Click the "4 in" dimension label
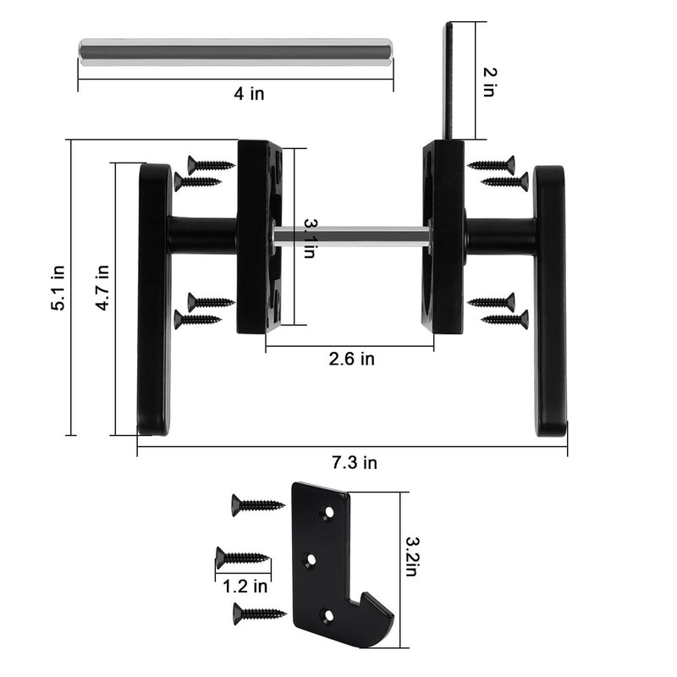pyautogui.click(x=250, y=94)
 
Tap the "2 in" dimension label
pyautogui.click(x=489, y=82)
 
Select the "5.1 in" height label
pyautogui.click(x=58, y=289)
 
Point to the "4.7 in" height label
pyautogui.click(x=102, y=289)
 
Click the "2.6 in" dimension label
pyautogui.click(x=351, y=359)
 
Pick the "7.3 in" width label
pyautogui.click(x=353, y=462)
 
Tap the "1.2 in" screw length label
pyautogui.click(x=245, y=585)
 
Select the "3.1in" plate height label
pyautogui.click(x=311, y=237)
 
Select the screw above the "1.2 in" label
pyautogui.click(x=244, y=557)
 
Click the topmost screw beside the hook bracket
pyautogui.click(x=257, y=505)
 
